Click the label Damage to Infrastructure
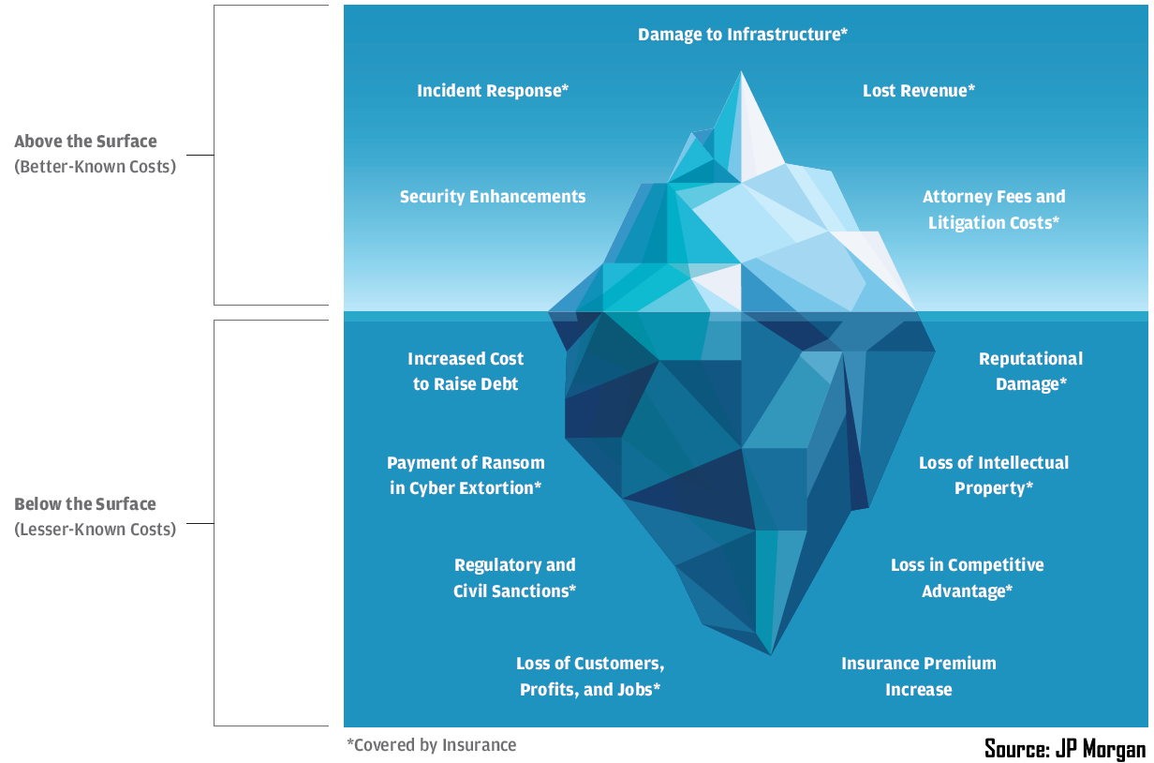coord(743,35)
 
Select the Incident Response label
coord(493,91)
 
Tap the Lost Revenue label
coord(919,91)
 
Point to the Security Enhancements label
coord(493,197)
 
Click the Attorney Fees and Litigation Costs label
coord(994,210)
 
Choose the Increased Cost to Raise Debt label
coord(466,371)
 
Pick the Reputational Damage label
coord(1030,371)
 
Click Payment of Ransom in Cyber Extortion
coord(466,475)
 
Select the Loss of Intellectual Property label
coord(994,475)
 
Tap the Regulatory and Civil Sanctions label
coord(514,578)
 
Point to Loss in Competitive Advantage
coord(967,578)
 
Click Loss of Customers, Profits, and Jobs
coord(590,677)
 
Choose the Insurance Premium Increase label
coord(919,677)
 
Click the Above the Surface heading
coord(85,142)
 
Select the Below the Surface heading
coord(85,504)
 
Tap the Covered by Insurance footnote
coord(431,745)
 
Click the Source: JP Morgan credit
coord(1065,748)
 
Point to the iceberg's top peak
coord(742,74)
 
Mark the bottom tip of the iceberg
coord(772,652)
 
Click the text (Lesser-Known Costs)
coord(95,530)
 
